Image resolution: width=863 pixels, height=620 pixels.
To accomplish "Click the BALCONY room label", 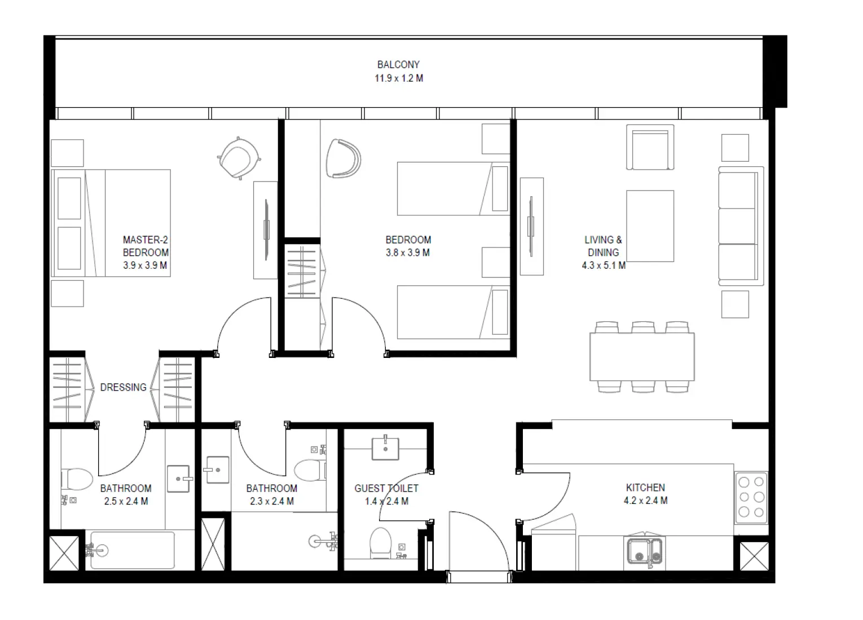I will coord(398,65).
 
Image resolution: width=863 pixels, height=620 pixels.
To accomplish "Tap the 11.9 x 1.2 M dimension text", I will coord(398,78).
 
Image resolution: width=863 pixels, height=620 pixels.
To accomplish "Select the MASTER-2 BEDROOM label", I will coord(146,246).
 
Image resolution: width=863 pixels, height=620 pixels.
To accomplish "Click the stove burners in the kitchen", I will coord(751,497).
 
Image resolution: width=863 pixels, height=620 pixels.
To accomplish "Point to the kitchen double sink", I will coord(645,551).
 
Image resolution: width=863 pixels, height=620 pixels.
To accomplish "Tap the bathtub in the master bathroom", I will coord(133,550).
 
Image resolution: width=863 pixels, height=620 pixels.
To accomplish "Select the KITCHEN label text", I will coord(645,488).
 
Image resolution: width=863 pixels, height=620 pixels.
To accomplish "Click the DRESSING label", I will coord(123,387).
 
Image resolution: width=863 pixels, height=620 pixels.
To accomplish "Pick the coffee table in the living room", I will coord(650,226).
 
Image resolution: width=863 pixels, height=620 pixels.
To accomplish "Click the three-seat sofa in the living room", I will coord(740,226).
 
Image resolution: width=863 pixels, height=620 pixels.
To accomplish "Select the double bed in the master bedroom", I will coord(111,223).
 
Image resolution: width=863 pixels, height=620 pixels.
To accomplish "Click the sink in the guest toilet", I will coord(385,448).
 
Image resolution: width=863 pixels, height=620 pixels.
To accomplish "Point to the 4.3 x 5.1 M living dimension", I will coord(604,265).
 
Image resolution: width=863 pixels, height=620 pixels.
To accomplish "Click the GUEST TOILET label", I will coord(386,488).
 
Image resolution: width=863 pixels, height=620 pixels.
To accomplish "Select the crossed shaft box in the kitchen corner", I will coord(754,556).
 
